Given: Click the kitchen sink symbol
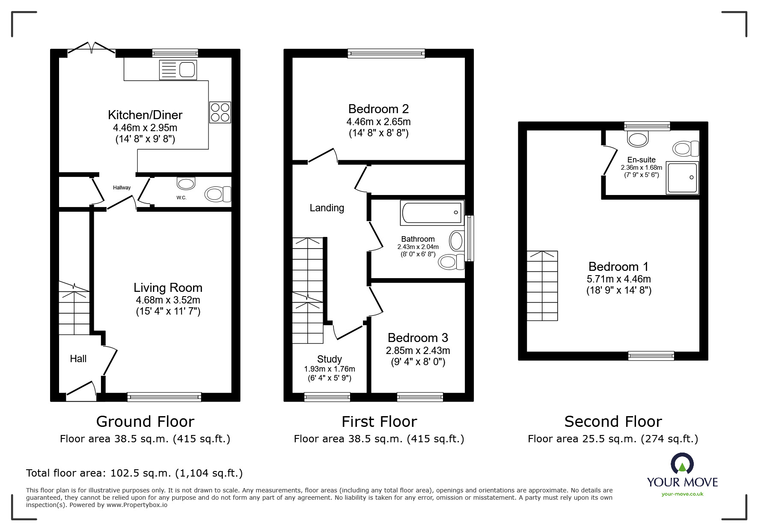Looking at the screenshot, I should click(178, 70).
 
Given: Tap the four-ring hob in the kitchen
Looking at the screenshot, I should click(220, 112).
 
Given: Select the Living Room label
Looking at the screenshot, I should click(168, 288).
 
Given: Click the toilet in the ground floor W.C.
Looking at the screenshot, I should click(217, 194).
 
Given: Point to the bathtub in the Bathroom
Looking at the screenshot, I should click(432, 213).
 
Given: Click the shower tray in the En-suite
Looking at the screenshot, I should click(682, 177).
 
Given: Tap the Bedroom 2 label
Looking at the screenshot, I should click(378, 109).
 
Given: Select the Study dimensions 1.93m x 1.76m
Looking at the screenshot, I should click(330, 369).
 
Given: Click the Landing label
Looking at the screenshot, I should click(327, 208).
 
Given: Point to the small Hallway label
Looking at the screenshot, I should click(122, 188).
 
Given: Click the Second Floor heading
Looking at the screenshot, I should click(613, 422).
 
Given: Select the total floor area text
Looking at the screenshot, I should click(134, 473).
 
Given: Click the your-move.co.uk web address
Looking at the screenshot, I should click(682, 494).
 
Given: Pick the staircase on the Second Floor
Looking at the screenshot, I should click(542, 286).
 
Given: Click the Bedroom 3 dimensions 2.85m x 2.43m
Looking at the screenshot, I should click(418, 351).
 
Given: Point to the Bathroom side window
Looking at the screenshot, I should click(470, 238).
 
